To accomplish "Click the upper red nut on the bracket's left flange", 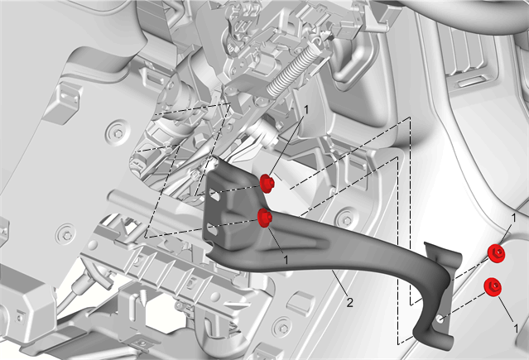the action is tap(267, 184).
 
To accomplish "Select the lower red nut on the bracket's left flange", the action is tap(265, 218).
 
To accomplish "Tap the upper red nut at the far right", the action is tap(496, 253).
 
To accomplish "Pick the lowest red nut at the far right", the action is tap(493, 287).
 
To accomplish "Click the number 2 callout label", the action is tap(349, 302).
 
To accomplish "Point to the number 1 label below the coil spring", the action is tap(306, 110).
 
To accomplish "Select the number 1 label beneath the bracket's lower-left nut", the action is tap(286, 260).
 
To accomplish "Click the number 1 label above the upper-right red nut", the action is tap(514, 218).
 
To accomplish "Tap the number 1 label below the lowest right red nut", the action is tap(516, 328).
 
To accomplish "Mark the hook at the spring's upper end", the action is tap(317, 42).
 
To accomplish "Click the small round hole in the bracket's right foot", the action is tap(440, 319).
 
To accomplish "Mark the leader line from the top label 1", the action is tap(288, 145).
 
